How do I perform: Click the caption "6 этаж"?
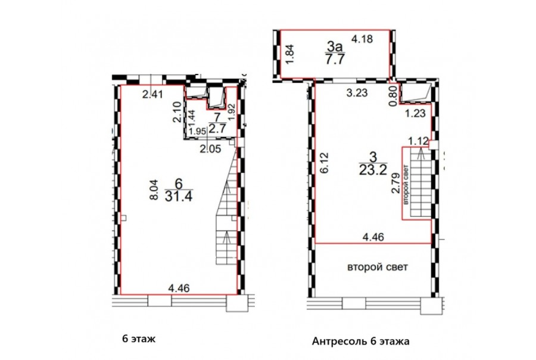pyautogui.click(x=139, y=339)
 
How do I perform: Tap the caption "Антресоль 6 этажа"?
pyautogui.click(x=361, y=341)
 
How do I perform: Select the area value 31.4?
pyautogui.click(x=179, y=197)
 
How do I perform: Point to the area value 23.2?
pyautogui.click(x=373, y=169)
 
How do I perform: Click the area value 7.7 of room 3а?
pyautogui.click(x=334, y=59)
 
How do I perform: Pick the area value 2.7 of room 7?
pyautogui.click(x=217, y=129)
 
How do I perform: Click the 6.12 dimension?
pyautogui.click(x=325, y=163)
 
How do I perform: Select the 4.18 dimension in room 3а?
pyautogui.click(x=362, y=39)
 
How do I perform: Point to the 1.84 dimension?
pyautogui.click(x=289, y=54)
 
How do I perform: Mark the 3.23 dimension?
pyautogui.click(x=357, y=93)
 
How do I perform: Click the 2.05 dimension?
pyautogui.click(x=210, y=149)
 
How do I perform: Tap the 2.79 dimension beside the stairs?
pyautogui.click(x=395, y=184)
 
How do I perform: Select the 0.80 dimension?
pyautogui.click(x=394, y=96)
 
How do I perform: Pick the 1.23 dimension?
pyautogui.click(x=415, y=113)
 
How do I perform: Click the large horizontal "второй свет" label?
pyautogui.click(x=378, y=267)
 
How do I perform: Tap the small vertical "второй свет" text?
pyautogui.click(x=406, y=185)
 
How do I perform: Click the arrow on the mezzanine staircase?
pyautogui.click(x=420, y=156)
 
